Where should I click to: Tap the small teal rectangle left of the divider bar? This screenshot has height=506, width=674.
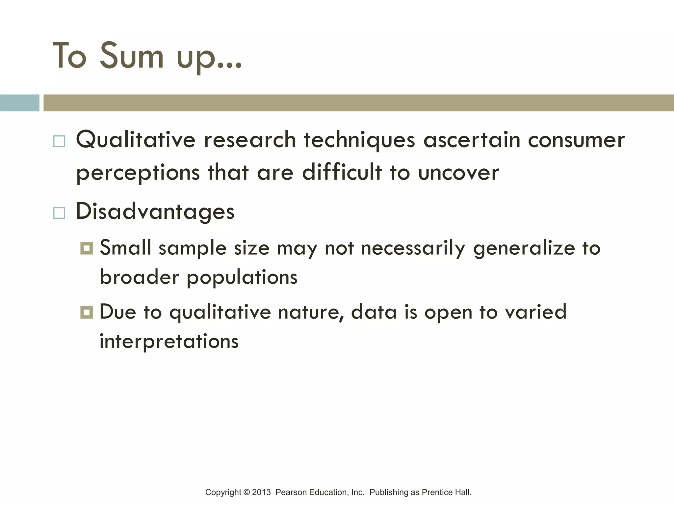click(x=19, y=103)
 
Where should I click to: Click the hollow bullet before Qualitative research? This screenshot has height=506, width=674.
click(x=59, y=141)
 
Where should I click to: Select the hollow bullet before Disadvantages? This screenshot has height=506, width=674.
click(x=59, y=213)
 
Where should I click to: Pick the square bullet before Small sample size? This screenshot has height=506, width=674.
click(x=87, y=248)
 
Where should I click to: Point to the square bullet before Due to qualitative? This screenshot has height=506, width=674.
click(x=87, y=312)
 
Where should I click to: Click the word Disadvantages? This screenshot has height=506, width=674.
click(x=155, y=211)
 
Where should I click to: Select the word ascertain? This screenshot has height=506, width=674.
click(x=472, y=140)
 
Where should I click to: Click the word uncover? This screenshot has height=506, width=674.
click(x=458, y=173)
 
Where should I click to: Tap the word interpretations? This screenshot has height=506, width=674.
click(x=169, y=342)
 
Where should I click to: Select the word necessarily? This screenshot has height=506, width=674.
click(x=413, y=248)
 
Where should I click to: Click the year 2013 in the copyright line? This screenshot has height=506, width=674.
click(x=261, y=492)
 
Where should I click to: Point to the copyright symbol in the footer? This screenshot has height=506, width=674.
click(x=246, y=492)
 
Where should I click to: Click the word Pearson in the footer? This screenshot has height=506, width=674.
click(x=291, y=492)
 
